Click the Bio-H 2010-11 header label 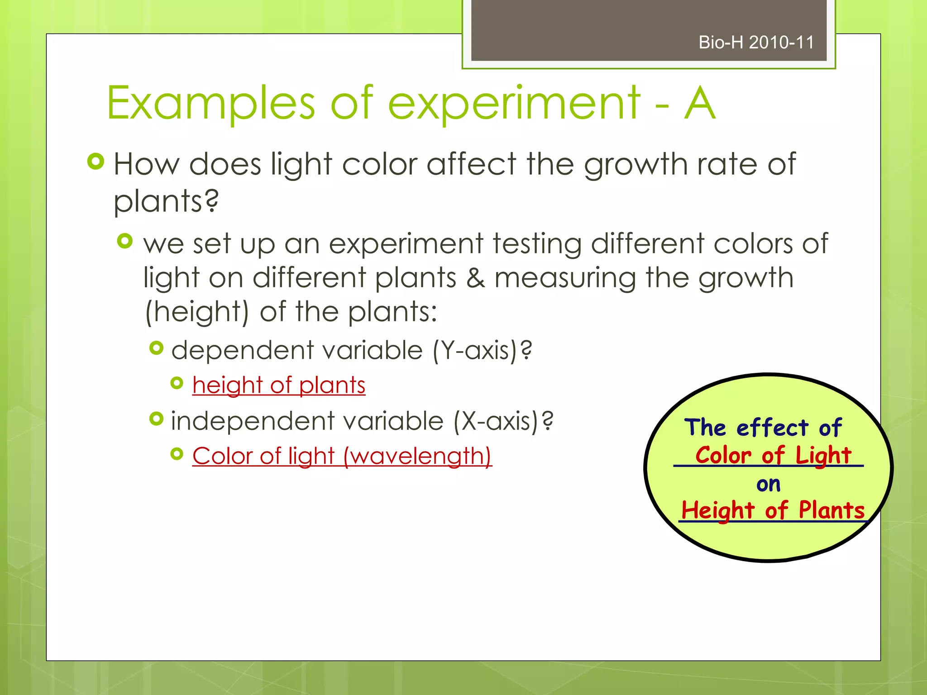(x=756, y=43)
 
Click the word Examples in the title (x=211, y=104)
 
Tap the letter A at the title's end (x=700, y=104)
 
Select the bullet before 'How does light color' (x=96, y=162)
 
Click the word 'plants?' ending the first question (x=166, y=201)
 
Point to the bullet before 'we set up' (x=125, y=241)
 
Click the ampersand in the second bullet (x=476, y=277)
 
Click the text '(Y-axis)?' (x=483, y=350)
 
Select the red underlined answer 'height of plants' (x=279, y=385)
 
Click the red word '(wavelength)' (x=417, y=456)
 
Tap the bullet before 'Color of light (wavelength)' (x=177, y=454)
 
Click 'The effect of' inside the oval (x=763, y=428)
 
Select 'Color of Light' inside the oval (x=773, y=455)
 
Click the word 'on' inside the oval (x=769, y=485)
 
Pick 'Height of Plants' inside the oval (x=773, y=510)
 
